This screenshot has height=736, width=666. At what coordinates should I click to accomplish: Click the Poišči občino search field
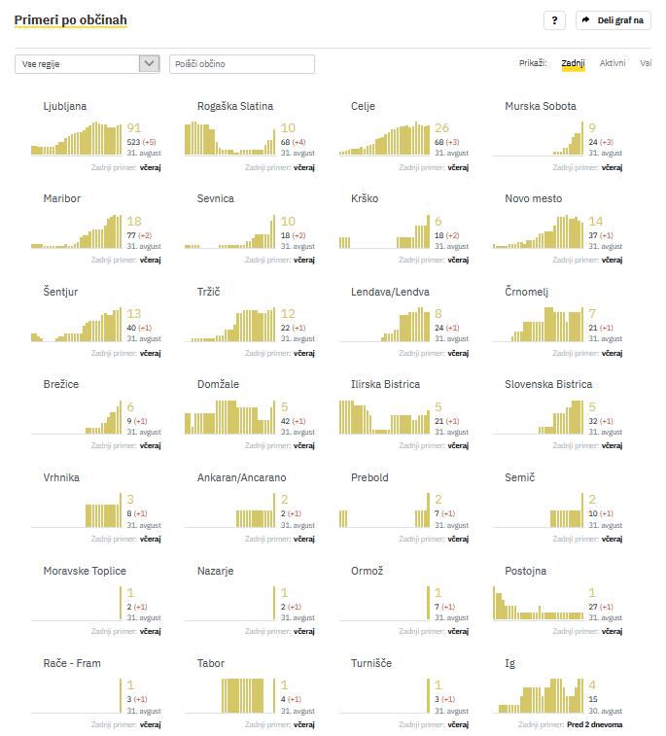point(242,64)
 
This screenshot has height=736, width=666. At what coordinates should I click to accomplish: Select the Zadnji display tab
point(573,63)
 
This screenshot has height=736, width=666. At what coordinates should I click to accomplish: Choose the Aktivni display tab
point(613,63)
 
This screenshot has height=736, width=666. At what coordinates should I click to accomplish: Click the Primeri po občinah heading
point(70,19)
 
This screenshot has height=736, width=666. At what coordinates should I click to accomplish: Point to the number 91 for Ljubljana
point(134,128)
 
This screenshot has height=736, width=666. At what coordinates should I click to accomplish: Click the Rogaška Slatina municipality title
point(234,106)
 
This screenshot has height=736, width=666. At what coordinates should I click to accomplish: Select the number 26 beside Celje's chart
point(441,128)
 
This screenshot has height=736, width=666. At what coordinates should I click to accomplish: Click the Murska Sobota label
point(540,106)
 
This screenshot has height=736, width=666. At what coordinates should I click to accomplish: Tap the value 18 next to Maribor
point(134,222)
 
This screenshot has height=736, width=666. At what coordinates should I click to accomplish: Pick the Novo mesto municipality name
point(533,198)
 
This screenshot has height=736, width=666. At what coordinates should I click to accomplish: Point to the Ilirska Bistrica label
point(385,384)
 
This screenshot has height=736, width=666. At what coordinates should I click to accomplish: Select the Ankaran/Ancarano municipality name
point(241,477)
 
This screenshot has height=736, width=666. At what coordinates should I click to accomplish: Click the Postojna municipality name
point(525,571)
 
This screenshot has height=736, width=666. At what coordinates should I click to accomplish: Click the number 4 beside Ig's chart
point(592,685)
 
